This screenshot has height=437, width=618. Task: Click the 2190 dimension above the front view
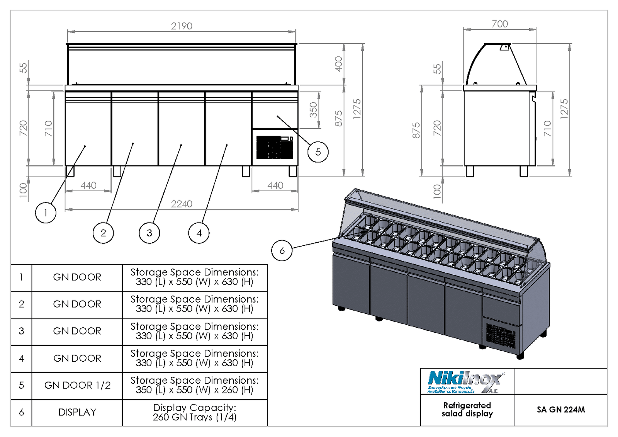point(182,26)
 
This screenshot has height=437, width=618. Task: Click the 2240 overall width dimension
point(182,204)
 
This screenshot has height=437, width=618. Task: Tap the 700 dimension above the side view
point(499,24)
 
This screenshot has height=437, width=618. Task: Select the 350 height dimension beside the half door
point(313,110)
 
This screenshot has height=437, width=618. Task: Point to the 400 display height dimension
point(338,64)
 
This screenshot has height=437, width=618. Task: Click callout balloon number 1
point(46,213)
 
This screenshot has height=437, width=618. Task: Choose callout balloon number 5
point(318,152)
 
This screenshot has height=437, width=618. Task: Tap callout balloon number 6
point(282,250)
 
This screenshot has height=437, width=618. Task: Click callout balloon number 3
point(149,233)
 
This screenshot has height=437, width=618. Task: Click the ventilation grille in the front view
point(275,147)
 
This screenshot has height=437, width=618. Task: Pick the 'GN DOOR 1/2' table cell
point(77,385)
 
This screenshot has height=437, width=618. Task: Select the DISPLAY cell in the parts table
point(77,412)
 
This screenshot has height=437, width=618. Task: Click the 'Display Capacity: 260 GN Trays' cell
point(195,412)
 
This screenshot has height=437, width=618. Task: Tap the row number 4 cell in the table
point(21,358)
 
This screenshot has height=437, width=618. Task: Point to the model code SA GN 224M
point(560,410)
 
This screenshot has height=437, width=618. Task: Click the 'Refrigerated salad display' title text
point(467,410)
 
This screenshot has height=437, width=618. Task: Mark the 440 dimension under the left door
point(88,185)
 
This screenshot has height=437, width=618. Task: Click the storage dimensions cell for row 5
point(195,385)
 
